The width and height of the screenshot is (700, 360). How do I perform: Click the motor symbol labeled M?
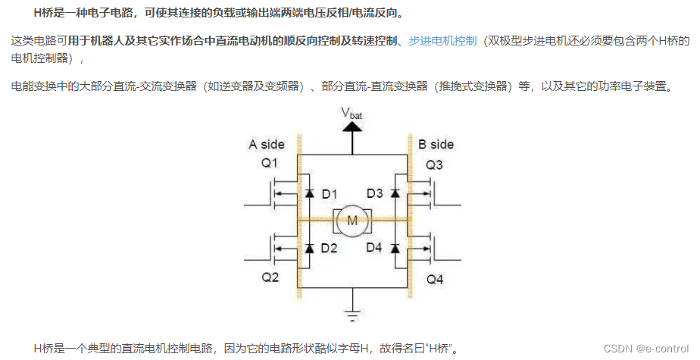pyautogui.click(x=352, y=221)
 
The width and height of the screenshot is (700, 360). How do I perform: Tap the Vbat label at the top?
pyautogui.click(x=355, y=113)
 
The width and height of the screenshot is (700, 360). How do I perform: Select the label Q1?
pyautogui.click(x=270, y=163)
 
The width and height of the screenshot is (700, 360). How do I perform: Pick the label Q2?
pyautogui.click(x=270, y=277)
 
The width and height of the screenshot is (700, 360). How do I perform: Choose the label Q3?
pyautogui.click(x=434, y=164)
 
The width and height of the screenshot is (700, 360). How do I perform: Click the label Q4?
pyautogui.click(x=434, y=279)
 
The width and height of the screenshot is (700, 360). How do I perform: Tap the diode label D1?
pyautogui.click(x=330, y=194)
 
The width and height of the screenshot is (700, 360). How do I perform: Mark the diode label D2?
pyautogui.click(x=330, y=247)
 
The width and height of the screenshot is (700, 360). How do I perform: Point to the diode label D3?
pyautogui.click(x=375, y=194)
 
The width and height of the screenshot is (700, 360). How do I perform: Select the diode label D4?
pyautogui.click(x=375, y=247)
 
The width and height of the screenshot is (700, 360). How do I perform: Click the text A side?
pyautogui.click(x=267, y=144)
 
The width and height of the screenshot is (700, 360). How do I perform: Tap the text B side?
pyautogui.click(x=436, y=144)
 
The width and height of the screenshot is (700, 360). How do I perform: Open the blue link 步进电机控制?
pyautogui.click(x=442, y=40)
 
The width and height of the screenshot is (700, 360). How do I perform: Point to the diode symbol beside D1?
pyautogui.click(x=309, y=194)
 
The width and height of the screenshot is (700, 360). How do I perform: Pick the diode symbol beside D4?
pyautogui.click(x=395, y=247)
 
